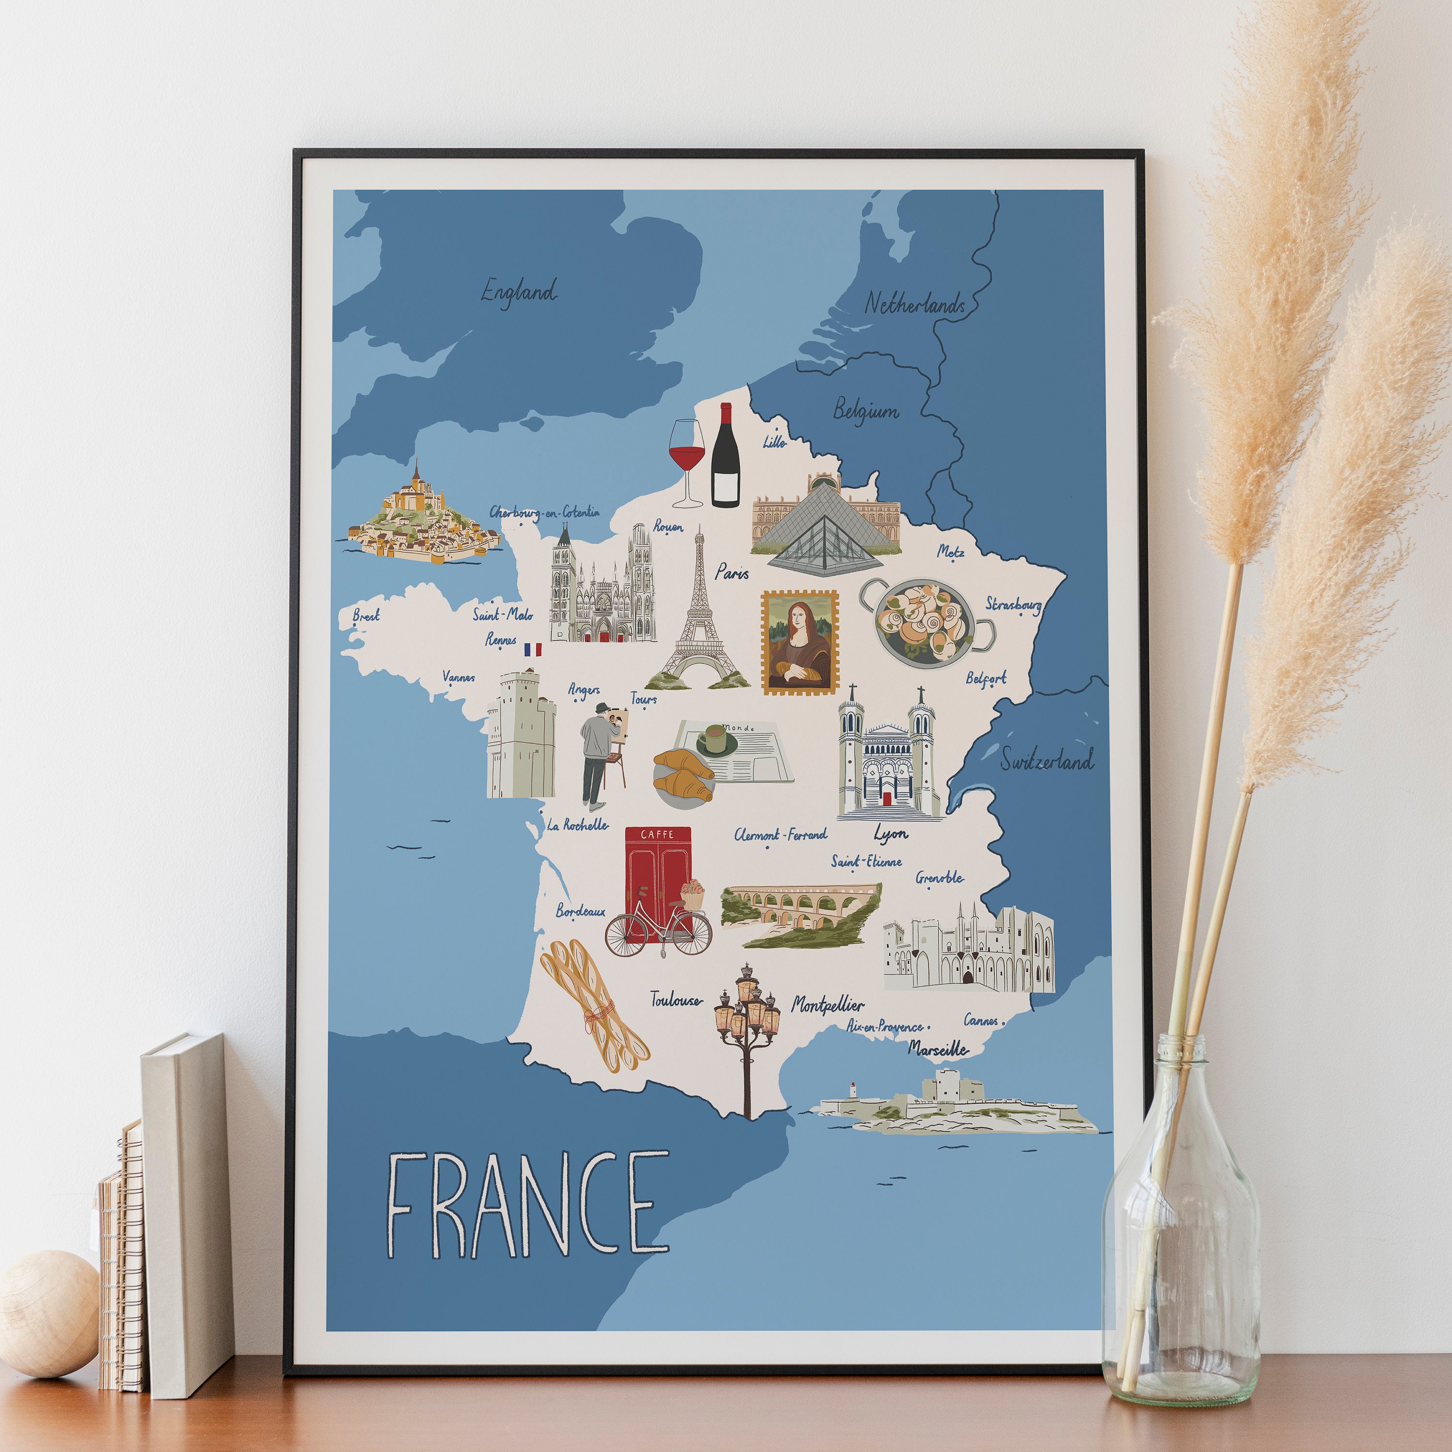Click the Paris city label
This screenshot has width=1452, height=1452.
731,573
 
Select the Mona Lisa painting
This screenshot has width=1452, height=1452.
800,642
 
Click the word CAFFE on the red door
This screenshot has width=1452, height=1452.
657,834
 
